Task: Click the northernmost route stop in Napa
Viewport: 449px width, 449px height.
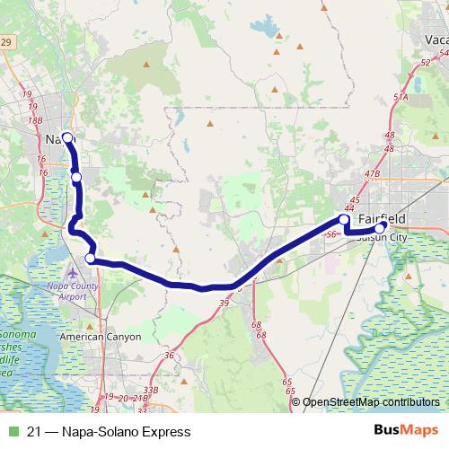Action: (x=67, y=137)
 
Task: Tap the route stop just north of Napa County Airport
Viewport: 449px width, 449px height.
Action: (x=90, y=259)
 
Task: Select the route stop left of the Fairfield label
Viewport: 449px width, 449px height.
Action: (x=344, y=219)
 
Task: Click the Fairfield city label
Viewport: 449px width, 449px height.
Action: (x=382, y=218)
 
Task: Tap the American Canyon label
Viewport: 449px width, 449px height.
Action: (x=101, y=337)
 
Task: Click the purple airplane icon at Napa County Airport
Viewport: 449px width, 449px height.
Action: (x=73, y=272)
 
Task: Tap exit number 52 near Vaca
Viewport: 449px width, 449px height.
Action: (x=424, y=63)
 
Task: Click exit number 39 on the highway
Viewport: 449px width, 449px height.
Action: (x=222, y=303)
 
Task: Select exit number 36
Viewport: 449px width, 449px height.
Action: (x=168, y=355)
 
